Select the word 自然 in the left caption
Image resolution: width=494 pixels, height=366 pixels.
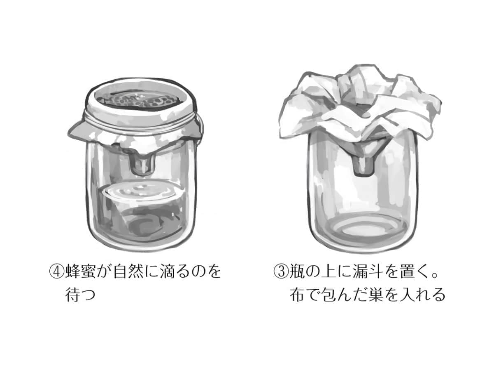pyautogui.click(x=128, y=272)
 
